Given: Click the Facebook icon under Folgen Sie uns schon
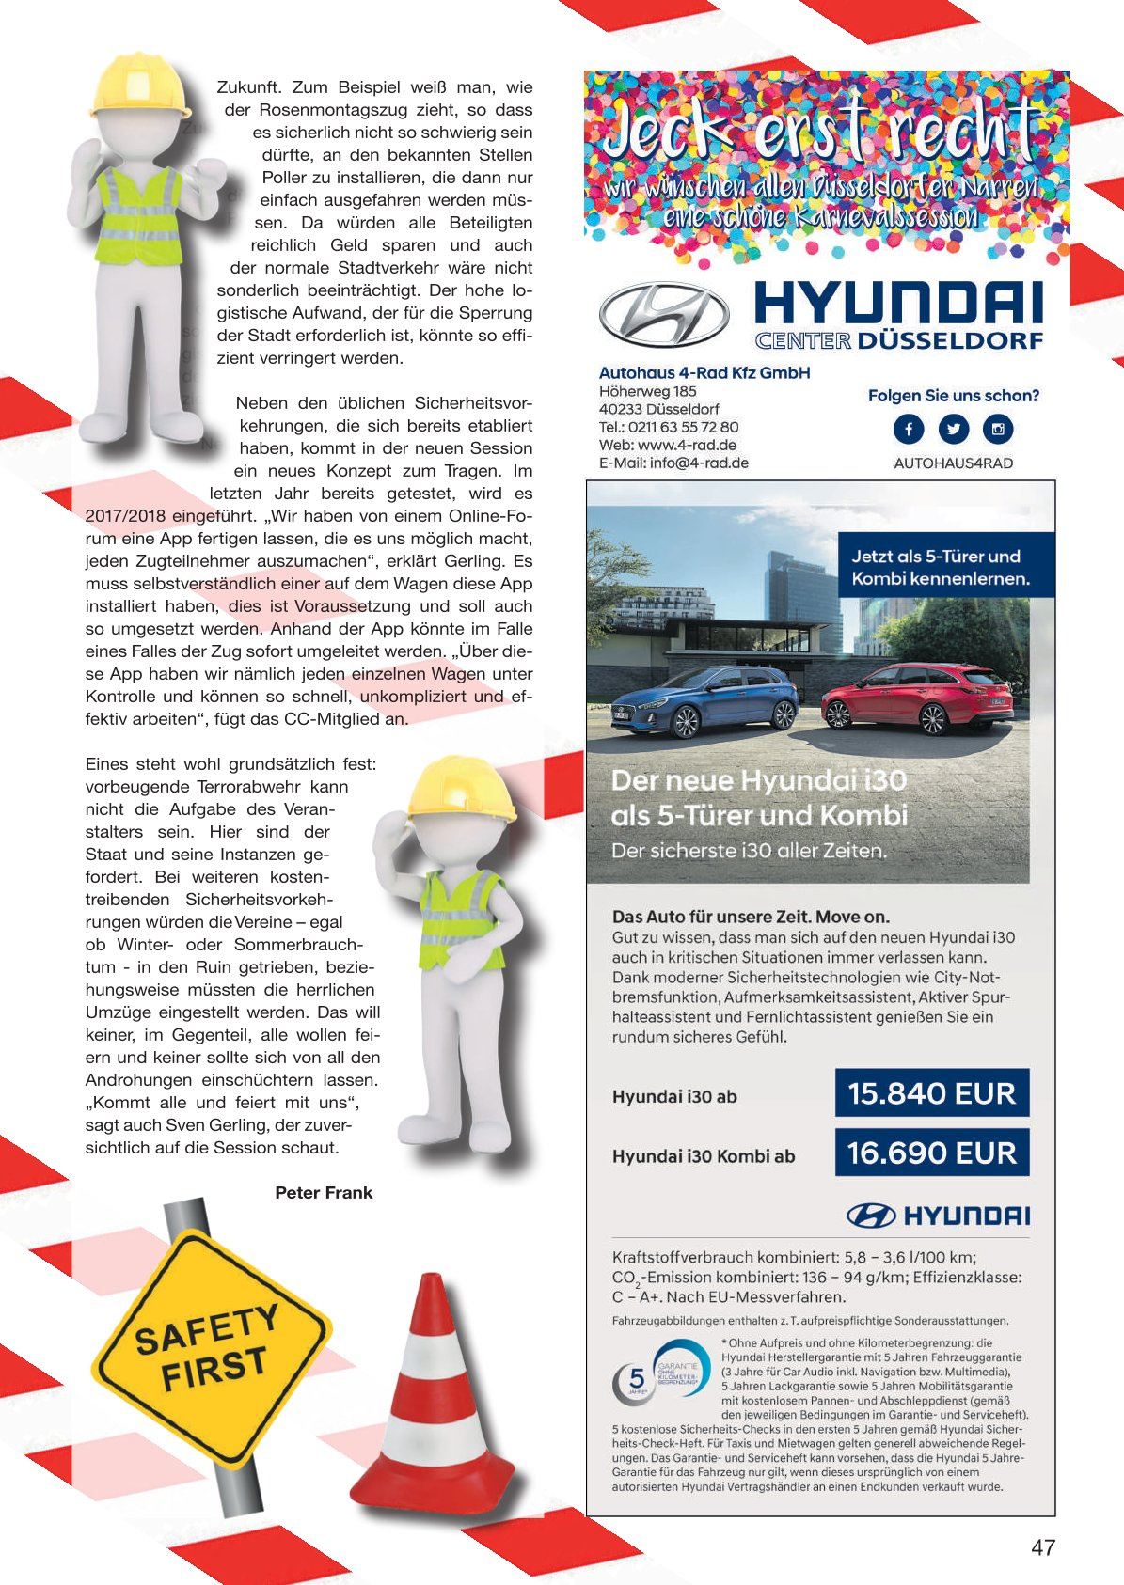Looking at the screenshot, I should (909, 430).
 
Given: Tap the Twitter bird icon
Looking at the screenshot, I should (954, 430).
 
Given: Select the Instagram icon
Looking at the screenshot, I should (998, 430).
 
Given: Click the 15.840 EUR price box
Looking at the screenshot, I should (931, 1093).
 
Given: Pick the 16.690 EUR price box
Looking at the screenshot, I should (931, 1153).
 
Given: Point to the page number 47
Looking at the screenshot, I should (1043, 1547).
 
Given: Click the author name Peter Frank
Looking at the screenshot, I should (324, 1193).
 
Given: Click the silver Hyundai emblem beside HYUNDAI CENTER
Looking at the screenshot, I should (664, 314).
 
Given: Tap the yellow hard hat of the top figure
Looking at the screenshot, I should (140, 86).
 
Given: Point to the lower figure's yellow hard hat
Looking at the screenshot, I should (462, 788).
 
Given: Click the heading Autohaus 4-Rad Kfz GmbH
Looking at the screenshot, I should (704, 373).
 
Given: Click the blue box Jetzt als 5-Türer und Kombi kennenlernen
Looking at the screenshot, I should (940, 568).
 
